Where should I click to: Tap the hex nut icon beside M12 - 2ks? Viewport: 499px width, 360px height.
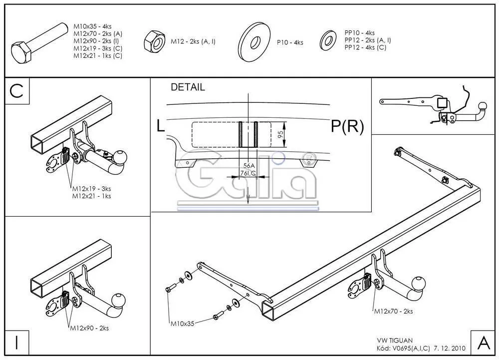coord(155,42)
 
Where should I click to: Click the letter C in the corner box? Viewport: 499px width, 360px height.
coord(17,91)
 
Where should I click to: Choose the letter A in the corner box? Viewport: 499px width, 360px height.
coord(483,343)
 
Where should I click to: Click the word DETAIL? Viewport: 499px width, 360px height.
coord(188,87)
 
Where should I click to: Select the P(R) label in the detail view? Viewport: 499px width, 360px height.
coord(347,127)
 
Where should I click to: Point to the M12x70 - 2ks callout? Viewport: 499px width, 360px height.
coord(394,311)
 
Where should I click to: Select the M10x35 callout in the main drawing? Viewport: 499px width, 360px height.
coord(182,324)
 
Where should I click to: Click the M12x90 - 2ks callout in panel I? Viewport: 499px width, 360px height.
coord(89,328)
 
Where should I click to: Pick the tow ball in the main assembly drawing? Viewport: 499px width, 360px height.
coord(419,284)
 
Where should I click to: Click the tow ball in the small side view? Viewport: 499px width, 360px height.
coord(484,107)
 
